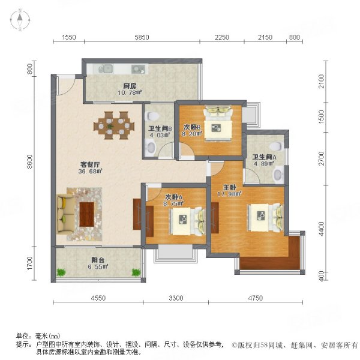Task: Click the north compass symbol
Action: tap(19, 20)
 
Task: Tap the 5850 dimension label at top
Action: tap(142, 37)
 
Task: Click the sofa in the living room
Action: tap(63, 214)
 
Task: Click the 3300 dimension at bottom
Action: tap(176, 298)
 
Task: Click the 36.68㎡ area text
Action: tap(91, 171)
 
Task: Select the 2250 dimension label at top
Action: tap(223, 37)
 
